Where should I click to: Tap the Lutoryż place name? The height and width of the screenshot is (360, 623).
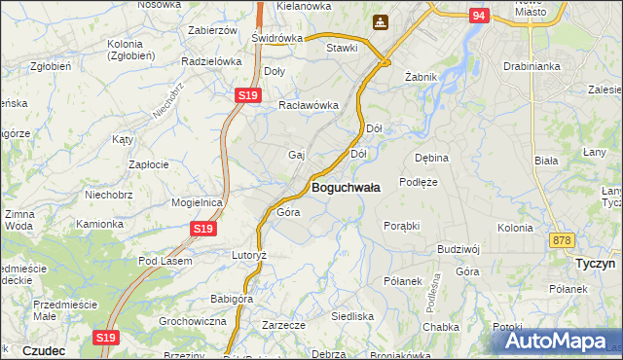(247, 255)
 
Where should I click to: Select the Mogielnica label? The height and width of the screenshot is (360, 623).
(198, 202)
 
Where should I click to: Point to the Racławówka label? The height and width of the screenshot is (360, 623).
(309, 105)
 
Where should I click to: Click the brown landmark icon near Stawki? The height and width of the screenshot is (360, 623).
(380, 21)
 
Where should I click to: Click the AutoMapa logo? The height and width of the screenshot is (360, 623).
(558, 341)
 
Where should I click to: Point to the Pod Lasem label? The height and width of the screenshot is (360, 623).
(165, 261)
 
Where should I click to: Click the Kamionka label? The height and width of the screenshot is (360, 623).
(100, 224)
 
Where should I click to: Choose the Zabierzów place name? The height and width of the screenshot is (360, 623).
(212, 30)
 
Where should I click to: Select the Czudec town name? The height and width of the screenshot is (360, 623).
(43, 349)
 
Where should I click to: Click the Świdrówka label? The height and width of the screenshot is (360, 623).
(276, 38)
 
